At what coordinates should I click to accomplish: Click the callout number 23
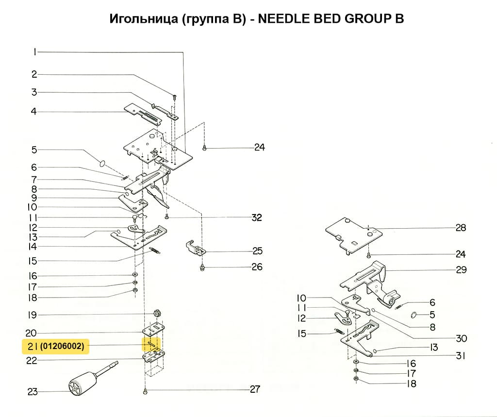click(33, 392)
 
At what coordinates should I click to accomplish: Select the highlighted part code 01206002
click(63, 347)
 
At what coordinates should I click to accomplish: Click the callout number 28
click(461, 228)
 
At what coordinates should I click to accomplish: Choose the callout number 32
click(256, 217)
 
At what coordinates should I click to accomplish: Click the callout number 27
click(254, 389)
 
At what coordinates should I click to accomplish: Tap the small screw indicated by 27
click(145, 391)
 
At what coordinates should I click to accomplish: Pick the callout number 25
click(257, 251)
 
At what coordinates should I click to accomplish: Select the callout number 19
click(32, 315)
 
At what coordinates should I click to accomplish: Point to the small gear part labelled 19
click(156, 312)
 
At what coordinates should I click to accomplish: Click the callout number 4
click(34, 112)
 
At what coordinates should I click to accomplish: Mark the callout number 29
click(461, 269)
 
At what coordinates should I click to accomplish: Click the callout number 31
click(461, 356)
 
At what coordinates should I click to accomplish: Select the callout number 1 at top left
click(34, 52)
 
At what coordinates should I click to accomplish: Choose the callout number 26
click(257, 267)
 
